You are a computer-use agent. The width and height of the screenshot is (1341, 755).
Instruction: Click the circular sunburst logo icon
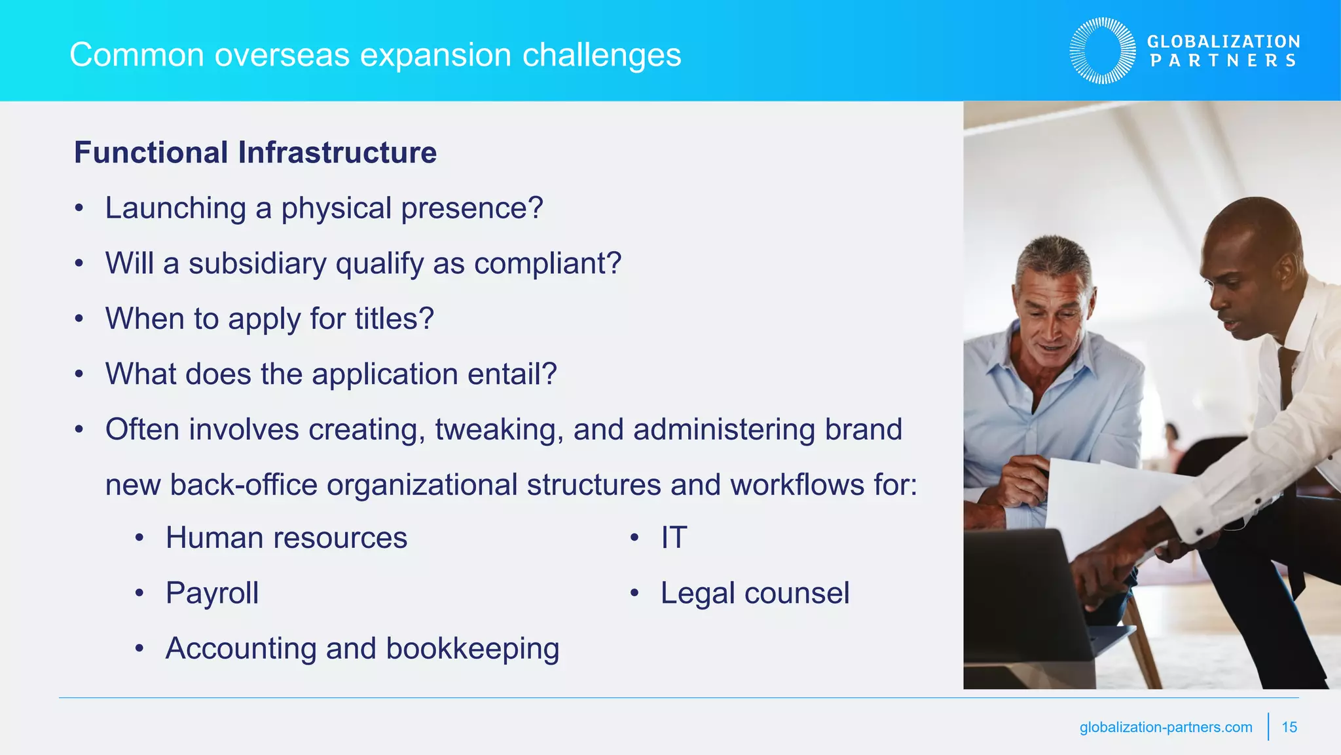(1103, 50)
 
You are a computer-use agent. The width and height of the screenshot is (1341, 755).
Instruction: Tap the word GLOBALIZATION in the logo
(1223, 41)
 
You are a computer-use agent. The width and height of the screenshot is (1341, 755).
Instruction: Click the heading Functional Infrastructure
(255, 153)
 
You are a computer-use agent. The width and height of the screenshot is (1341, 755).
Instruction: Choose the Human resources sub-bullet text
(286, 538)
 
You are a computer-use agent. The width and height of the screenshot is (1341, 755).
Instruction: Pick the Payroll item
(212, 593)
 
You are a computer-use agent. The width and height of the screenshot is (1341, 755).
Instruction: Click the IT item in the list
(674, 538)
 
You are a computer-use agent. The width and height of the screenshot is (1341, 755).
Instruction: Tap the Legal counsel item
(754, 593)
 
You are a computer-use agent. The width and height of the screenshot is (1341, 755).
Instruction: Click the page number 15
(1289, 727)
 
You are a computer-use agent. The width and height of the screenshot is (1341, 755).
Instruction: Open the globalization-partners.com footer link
(1166, 727)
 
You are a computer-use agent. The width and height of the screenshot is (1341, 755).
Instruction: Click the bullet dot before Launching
(79, 209)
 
